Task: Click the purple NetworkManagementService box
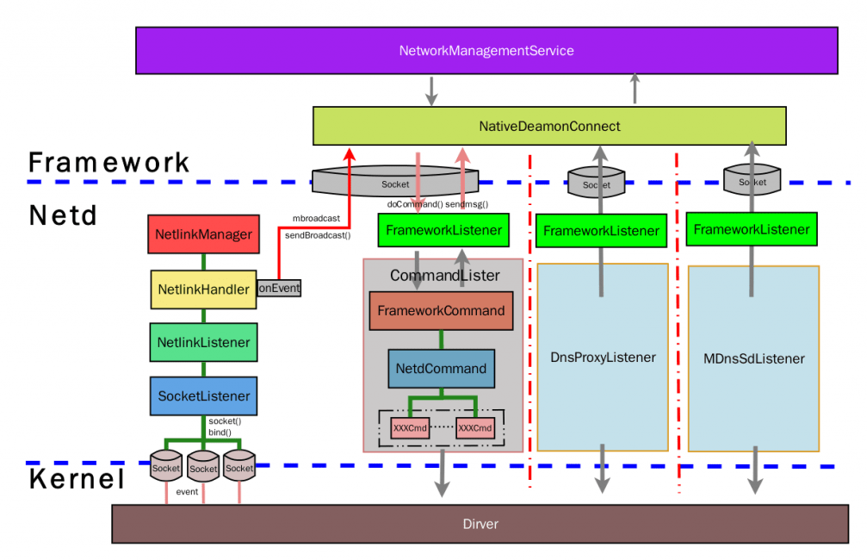(486, 51)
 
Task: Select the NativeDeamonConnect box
(549, 127)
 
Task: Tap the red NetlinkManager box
(203, 234)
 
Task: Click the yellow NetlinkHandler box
(203, 289)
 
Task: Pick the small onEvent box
(279, 289)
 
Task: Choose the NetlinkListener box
(203, 342)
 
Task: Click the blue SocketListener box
(203, 396)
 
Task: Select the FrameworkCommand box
(441, 311)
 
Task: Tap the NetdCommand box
(441, 369)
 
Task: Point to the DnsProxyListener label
(604, 358)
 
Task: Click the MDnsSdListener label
(753, 358)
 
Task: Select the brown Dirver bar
(480, 524)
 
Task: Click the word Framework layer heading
(109, 163)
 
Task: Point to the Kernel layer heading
(77, 479)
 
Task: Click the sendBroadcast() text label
(318, 234)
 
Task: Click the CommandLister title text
(444, 276)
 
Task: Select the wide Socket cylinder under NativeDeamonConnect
(396, 183)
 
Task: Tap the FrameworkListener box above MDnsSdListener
(752, 229)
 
